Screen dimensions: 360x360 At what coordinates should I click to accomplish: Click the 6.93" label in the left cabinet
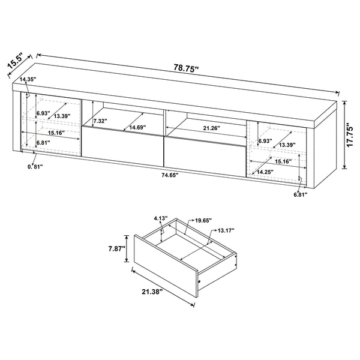[x=42, y=113]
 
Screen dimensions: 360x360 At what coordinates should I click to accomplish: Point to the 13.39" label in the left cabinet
[x=62, y=116]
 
